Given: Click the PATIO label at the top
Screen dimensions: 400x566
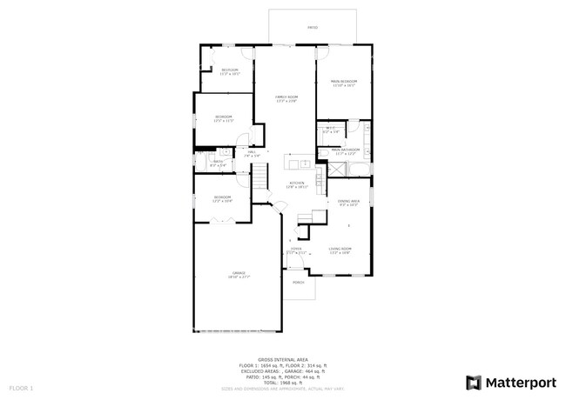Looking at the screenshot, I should [x=313, y=28].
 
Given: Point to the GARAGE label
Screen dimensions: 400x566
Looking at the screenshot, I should [x=238, y=273].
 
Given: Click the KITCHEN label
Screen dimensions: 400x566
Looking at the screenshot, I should [x=297, y=183].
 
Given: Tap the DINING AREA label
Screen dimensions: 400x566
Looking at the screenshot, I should [x=348, y=202].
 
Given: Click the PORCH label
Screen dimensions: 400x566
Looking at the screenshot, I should [x=298, y=283].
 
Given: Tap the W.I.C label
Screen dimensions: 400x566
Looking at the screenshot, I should [x=331, y=128].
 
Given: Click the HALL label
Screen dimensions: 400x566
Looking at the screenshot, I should [x=252, y=152].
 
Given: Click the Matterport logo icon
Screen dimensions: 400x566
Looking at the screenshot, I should [x=474, y=381].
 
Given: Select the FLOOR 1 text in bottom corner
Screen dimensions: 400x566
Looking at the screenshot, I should [x=21, y=386].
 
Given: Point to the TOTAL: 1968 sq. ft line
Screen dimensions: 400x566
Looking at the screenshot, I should [x=282, y=382].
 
